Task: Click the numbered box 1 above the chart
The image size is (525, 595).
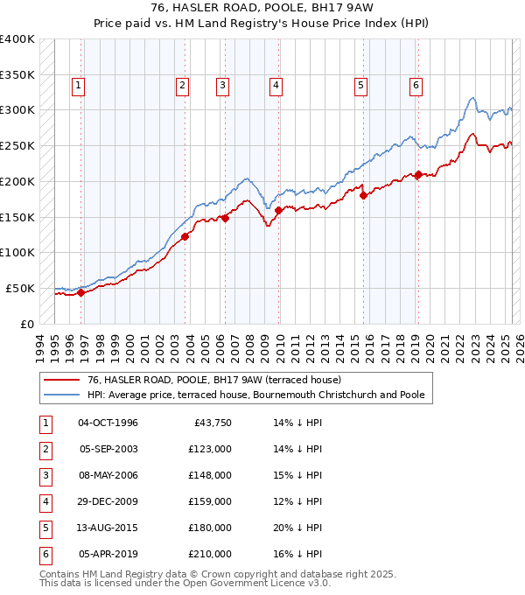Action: click(79, 86)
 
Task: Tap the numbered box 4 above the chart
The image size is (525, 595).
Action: click(276, 86)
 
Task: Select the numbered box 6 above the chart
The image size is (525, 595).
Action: click(416, 86)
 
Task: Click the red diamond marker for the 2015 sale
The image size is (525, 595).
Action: click(363, 195)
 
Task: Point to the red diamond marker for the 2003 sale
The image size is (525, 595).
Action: click(185, 236)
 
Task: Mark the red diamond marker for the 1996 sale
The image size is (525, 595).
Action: click(80, 292)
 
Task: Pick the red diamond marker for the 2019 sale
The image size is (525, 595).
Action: click(418, 174)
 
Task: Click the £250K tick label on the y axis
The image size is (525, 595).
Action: click(17, 145)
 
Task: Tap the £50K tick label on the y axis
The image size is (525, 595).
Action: click(21, 288)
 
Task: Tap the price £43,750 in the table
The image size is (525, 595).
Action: click(210, 423)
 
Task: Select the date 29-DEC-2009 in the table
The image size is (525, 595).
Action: click(108, 501)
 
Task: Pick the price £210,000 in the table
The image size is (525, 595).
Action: click(210, 554)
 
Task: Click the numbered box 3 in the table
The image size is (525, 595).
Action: click(45, 475)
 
